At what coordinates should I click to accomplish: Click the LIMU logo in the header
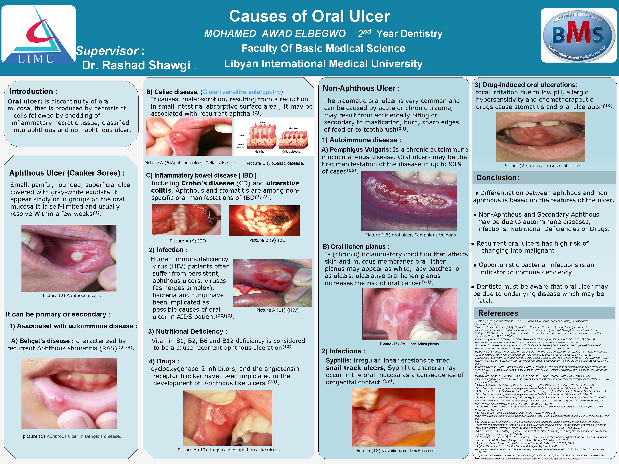tap(38, 34)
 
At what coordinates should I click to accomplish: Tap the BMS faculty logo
tap(578, 35)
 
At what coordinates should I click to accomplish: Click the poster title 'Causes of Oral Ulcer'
tap(309, 16)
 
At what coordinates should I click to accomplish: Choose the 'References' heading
tap(498, 313)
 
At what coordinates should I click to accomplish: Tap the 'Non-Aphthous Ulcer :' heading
tap(361, 88)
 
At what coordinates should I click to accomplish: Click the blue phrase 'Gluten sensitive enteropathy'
tap(241, 92)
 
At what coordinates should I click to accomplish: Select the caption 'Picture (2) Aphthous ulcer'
tap(72, 296)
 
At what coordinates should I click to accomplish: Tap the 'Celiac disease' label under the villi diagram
tap(291, 152)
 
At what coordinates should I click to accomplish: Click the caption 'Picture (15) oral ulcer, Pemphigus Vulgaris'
tap(410, 235)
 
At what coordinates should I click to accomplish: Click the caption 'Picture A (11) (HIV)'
tap(277, 310)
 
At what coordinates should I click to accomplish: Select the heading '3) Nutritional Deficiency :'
tap(187, 331)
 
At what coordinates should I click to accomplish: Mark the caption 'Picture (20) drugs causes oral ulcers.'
tap(543, 166)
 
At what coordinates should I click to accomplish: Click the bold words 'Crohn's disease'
tap(208, 183)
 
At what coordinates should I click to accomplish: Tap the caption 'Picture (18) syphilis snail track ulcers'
tap(395, 450)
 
